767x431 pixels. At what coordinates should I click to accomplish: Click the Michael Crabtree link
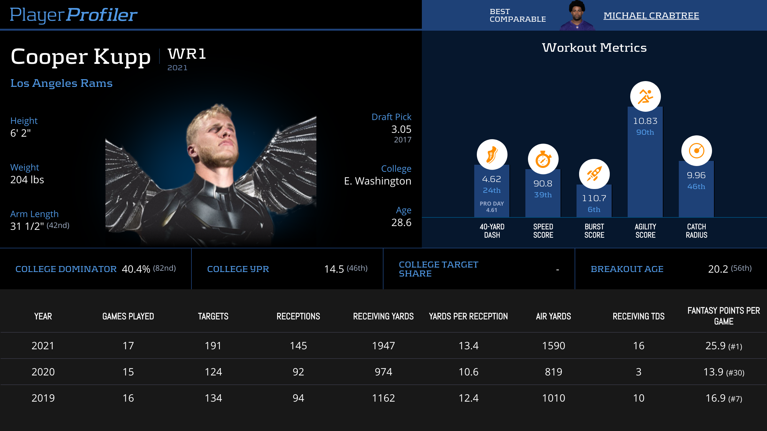[x=651, y=16]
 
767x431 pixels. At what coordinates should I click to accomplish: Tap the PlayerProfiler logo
[x=74, y=15]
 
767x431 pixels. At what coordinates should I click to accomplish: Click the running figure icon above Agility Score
[x=645, y=96]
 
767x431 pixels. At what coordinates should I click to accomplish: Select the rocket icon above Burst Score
[x=594, y=174]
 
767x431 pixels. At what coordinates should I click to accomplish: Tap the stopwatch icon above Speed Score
[x=543, y=159]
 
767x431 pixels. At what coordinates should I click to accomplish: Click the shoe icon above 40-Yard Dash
[x=492, y=155]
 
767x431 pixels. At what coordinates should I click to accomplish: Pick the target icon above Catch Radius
[x=696, y=151]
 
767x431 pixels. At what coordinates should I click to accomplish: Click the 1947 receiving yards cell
[x=383, y=346]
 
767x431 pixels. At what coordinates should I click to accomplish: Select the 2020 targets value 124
[x=213, y=372]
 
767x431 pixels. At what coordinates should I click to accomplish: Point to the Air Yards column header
[x=553, y=316]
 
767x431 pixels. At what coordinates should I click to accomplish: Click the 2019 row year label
[x=43, y=398]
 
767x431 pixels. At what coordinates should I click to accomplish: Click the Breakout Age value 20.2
[x=718, y=269]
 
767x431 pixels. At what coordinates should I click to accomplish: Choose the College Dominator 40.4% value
[x=136, y=269]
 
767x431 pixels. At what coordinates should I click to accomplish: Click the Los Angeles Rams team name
[x=61, y=83]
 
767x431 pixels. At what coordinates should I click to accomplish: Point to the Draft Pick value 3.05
[x=401, y=129]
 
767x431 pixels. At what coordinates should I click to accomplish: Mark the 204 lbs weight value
[x=27, y=180]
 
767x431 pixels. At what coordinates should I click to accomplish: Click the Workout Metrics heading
[x=594, y=48]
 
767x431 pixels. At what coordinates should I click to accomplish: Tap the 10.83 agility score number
[x=645, y=121]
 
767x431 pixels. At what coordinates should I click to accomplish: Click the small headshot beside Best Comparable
[x=577, y=15]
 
